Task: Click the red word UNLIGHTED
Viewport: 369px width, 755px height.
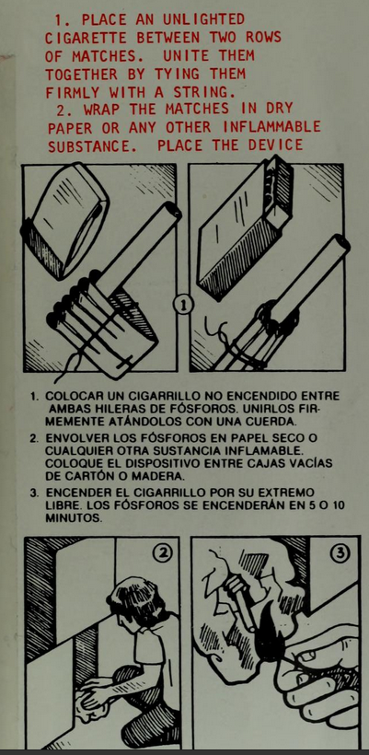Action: (x=204, y=19)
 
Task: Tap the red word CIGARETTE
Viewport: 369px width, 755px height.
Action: (x=86, y=38)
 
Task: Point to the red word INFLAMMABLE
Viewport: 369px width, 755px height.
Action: (x=271, y=127)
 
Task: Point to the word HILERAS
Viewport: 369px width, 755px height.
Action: (x=113, y=410)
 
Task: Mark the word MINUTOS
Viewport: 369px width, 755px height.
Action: (x=72, y=519)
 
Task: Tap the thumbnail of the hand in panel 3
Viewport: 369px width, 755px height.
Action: (x=307, y=656)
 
